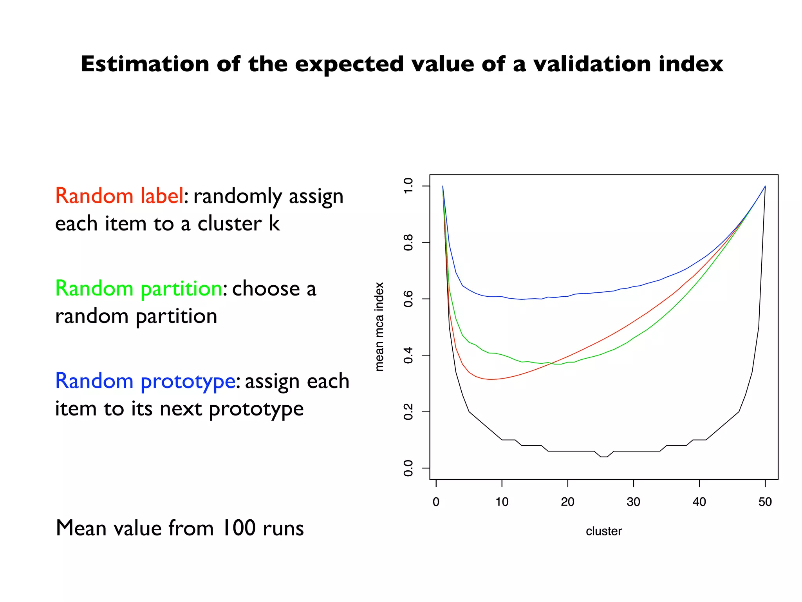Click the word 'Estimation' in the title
pyautogui.click(x=145, y=64)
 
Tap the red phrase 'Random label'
pyautogui.click(x=119, y=196)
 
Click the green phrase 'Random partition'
pyautogui.click(x=139, y=288)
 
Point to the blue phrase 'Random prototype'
pyautogui.click(x=145, y=381)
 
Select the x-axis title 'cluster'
pyautogui.click(x=603, y=531)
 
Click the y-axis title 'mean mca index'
pyautogui.click(x=379, y=326)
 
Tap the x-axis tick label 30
pyautogui.click(x=633, y=502)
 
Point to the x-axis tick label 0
pyautogui.click(x=436, y=502)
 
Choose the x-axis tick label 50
pyautogui.click(x=765, y=502)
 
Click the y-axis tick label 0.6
pyautogui.click(x=408, y=299)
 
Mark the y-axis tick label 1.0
pyautogui.click(x=408, y=186)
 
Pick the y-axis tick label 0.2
pyautogui.click(x=408, y=412)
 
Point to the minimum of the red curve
pyautogui.click(x=490, y=379)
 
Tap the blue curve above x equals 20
pyautogui.click(x=567, y=296)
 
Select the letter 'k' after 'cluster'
pyautogui.click(x=274, y=223)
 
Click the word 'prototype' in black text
pyautogui.click(x=256, y=409)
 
